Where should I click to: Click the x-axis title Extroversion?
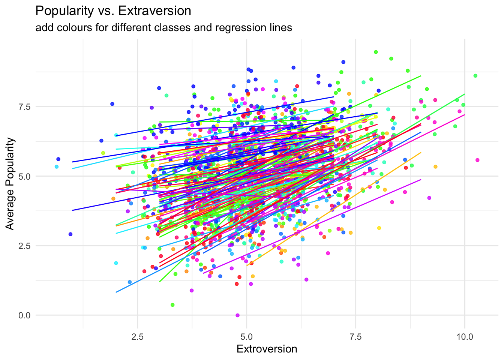pos(267,349)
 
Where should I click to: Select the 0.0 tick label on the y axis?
pos(24,315)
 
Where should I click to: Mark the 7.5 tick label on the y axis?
pos(24,107)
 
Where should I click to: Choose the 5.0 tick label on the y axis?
pos(24,176)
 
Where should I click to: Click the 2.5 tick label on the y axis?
pos(24,246)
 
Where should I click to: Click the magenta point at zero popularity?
pos(237,315)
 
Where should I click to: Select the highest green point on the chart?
pos(376,52)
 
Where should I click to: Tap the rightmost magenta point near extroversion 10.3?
pos(477,160)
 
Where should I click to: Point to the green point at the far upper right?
pos(475,76)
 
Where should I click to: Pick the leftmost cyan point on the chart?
pos(57,166)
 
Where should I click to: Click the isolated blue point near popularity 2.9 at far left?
pos(70,234)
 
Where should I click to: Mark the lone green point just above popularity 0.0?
pos(172,305)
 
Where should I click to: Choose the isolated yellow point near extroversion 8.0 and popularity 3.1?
pos(379,228)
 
